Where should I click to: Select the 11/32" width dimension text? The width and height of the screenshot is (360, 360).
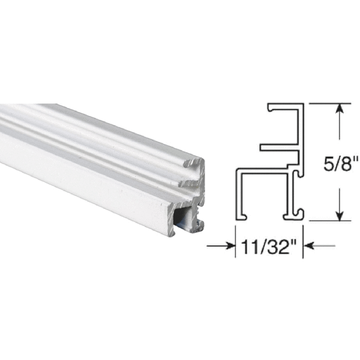point(266,247)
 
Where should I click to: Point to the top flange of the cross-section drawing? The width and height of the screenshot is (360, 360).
point(286,106)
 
